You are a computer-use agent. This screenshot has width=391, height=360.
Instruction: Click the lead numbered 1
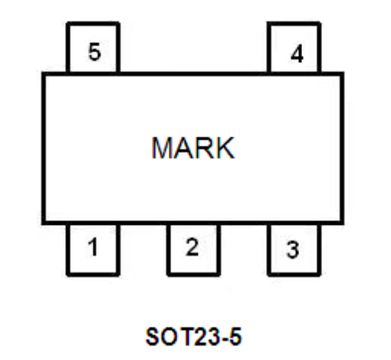click(x=93, y=249)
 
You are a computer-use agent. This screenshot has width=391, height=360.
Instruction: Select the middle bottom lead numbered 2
click(x=193, y=249)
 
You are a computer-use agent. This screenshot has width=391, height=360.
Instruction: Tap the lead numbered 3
click(x=294, y=249)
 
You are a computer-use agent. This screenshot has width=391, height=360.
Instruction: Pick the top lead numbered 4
click(x=294, y=48)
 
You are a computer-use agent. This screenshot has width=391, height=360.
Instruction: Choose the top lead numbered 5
click(x=93, y=48)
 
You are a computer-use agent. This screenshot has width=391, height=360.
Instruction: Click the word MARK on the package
click(x=193, y=148)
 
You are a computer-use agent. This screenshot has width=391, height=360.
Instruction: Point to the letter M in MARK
click(x=163, y=148)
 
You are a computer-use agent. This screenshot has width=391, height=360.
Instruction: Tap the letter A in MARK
click(x=183, y=148)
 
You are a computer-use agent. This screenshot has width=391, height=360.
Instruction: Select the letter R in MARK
click(x=204, y=148)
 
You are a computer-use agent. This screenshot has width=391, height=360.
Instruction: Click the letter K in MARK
click(x=225, y=148)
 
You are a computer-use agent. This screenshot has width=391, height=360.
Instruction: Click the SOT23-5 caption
click(x=193, y=336)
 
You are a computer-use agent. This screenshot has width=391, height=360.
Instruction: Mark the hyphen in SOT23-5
click(x=223, y=339)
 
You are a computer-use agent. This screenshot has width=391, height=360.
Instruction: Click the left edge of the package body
click(x=44, y=148)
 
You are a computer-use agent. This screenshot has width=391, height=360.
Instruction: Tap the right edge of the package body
click(x=342, y=148)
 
